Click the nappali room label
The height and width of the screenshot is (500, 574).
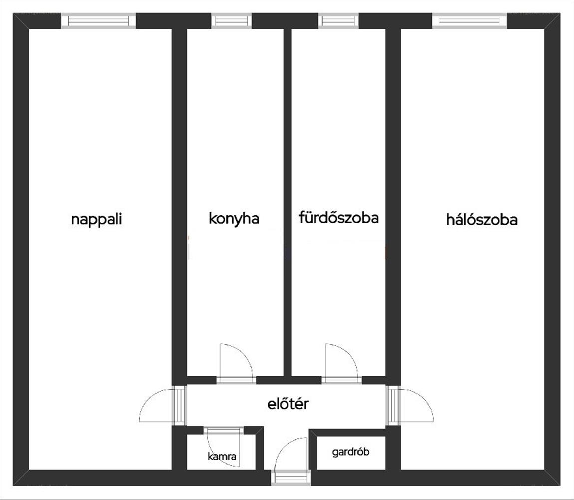pos(96,219)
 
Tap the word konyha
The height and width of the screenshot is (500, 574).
pos(234,218)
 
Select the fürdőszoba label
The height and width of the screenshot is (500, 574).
pos(338,218)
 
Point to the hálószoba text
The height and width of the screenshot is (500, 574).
pos(482,220)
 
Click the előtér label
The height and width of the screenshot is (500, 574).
pos(288,403)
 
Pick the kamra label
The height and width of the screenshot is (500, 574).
pos(222,456)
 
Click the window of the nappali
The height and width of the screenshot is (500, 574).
pos(101,21)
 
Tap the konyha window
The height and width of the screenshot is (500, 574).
pos(231,21)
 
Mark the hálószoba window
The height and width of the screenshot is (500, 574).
pos(470,21)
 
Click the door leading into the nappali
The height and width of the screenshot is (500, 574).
pos(179,405)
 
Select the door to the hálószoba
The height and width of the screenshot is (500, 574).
pos(394,405)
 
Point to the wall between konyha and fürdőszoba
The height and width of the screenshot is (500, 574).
pos(287,200)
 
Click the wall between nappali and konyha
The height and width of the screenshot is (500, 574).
pos(179,200)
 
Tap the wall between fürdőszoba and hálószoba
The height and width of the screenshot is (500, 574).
pos(393,200)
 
